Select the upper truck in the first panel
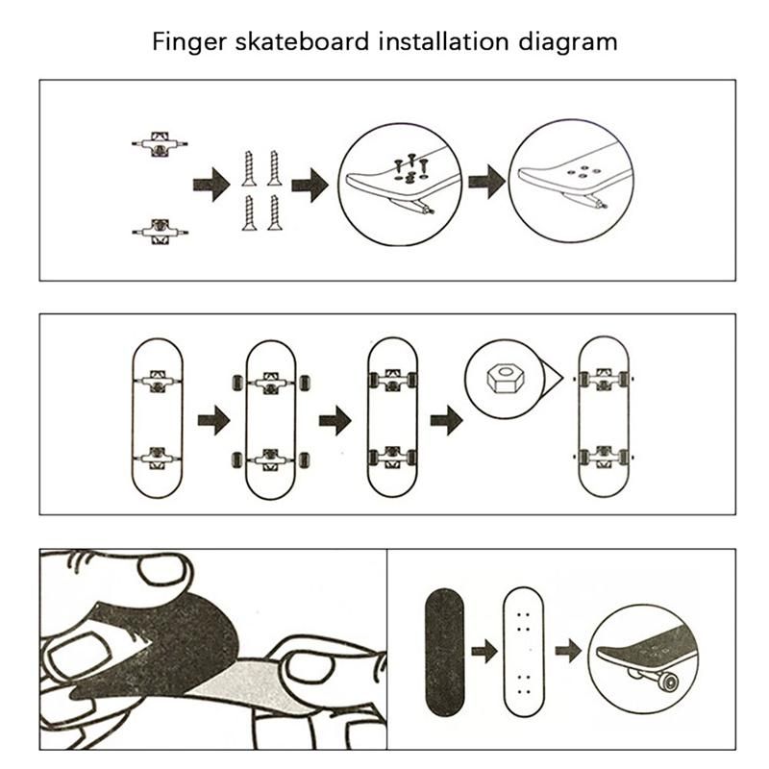(159, 143)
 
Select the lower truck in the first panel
(159, 230)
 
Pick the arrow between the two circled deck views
(487, 181)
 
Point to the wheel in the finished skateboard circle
(663, 681)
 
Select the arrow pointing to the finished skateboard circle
(569, 651)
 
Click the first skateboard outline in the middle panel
(157, 418)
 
